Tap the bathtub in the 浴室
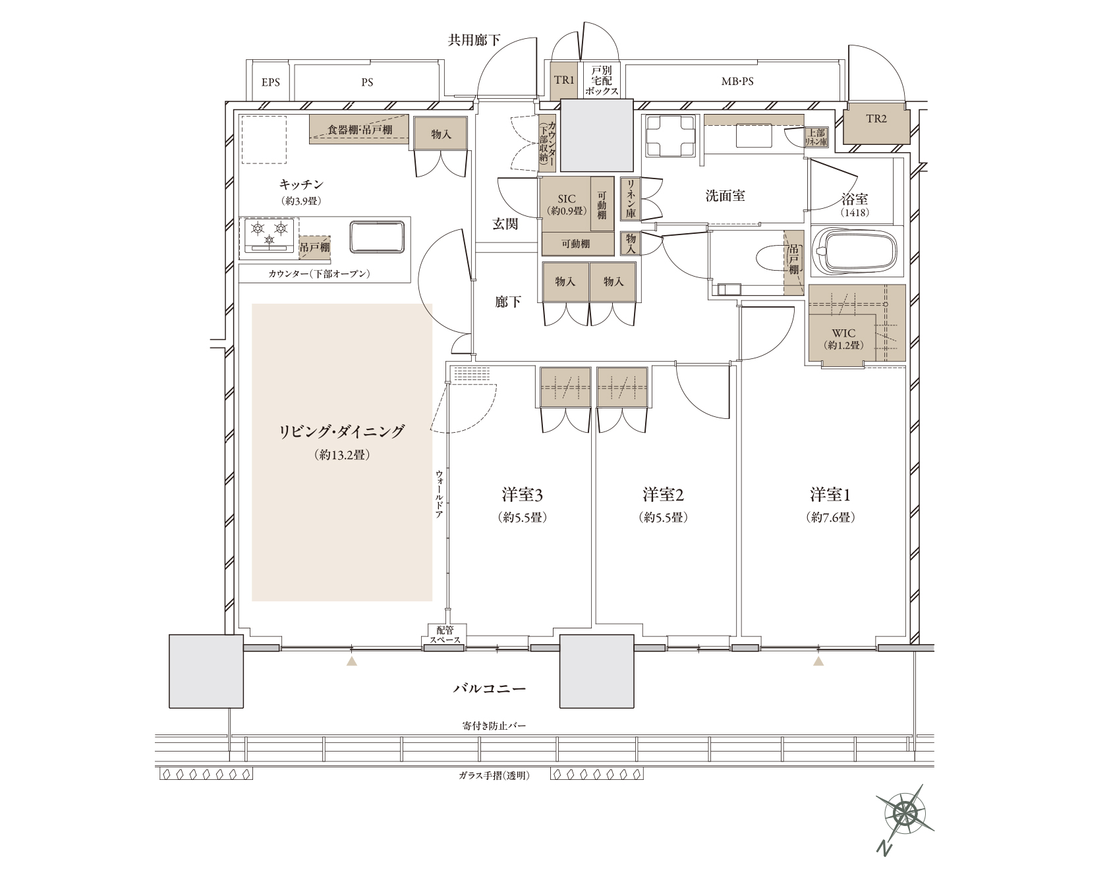tap(855, 251)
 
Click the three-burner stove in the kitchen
tap(270, 236)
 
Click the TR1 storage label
tap(565, 80)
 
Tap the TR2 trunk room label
tap(876, 119)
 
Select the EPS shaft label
tap(270, 82)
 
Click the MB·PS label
tap(737, 82)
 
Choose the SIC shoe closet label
tap(566, 198)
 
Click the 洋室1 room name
tap(830, 494)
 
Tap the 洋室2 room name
tap(664, 494)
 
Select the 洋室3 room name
tap(522, 494)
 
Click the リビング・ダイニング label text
tap(341, 431)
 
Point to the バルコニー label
tap(489, 689)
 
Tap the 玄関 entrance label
tap(505, 224)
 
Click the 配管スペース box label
tap(445, 634)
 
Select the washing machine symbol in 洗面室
tap(671, 136)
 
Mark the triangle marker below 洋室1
tap(818, 661)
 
